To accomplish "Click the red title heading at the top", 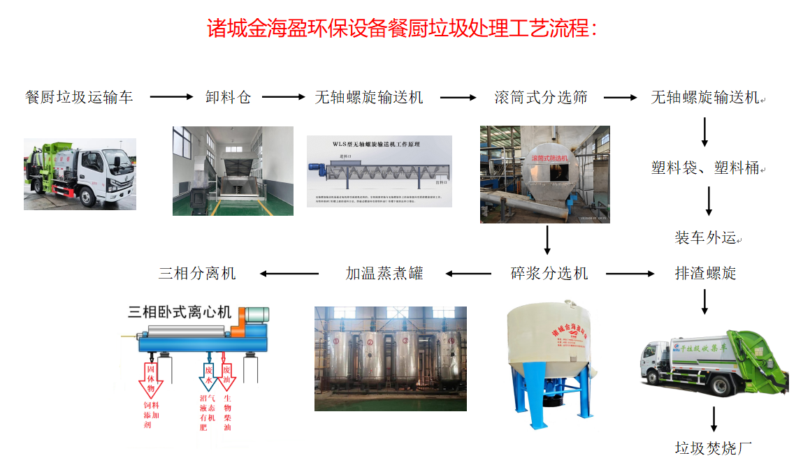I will click(403, 29).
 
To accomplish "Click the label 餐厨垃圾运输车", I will click(79, 97).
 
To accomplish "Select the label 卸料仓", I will click(228, 97).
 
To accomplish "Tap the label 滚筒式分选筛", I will click(541, 97).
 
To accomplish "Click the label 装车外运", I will click(704, 238).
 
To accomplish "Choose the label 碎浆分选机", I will click(549, 273).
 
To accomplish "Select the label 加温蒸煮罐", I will click(384, 273).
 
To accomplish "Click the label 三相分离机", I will click(197, 273).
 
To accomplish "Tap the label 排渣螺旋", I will click(705, 273).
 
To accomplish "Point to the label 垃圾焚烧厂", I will click(714, 448).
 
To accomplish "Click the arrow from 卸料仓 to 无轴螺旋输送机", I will click(283, 97).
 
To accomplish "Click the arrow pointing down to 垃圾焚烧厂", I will click(714, 419).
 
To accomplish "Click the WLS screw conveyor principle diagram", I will click(379, 171).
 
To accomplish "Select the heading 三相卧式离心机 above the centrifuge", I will click(180, 312).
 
